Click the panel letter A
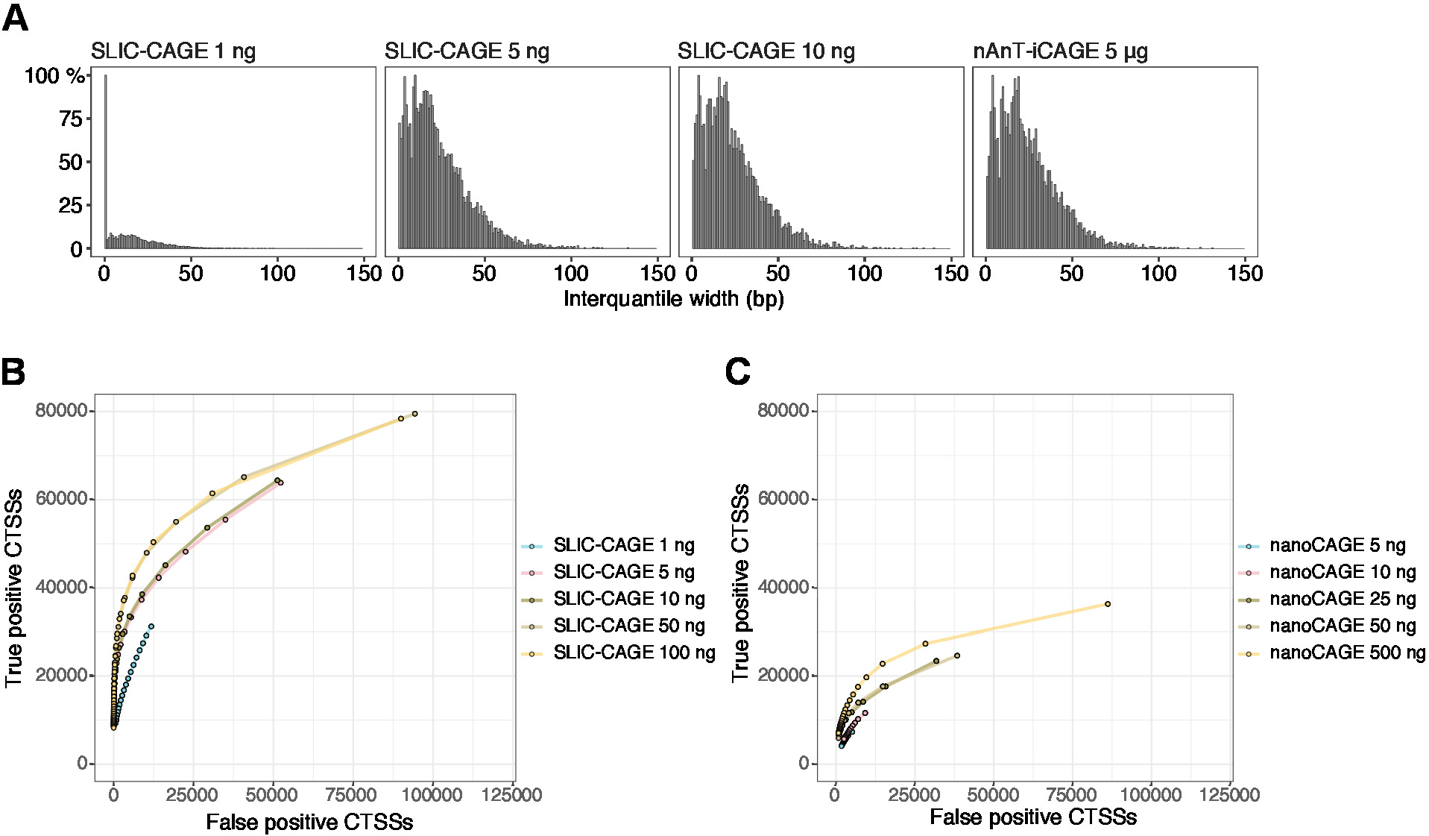pos(15,18)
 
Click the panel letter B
pos(13,371)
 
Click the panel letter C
pos(737,371)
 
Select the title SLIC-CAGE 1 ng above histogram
pos(173,51)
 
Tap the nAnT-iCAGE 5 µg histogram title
pos(1060,51)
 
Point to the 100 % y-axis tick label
pos(54,76)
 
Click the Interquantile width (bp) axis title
pos(673,299)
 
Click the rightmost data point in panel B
pos(415,414)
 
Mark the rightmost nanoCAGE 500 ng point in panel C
pos(1108,604)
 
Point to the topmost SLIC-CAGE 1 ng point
pos(151,626)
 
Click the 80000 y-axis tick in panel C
pos(783,411)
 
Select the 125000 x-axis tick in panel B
pos(512,795)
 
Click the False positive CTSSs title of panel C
pos(1032,817)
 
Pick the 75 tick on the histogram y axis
pos(71,119)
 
